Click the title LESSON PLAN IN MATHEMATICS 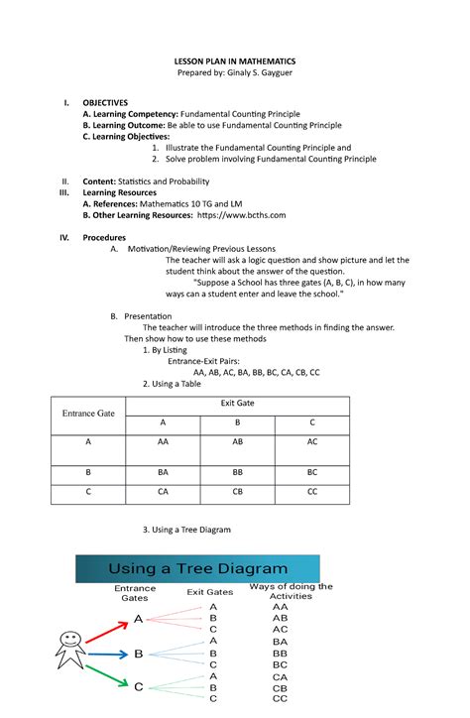(235, 61)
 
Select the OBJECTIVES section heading (105, 102)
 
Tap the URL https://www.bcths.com (242, 214)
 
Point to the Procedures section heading (104, 238)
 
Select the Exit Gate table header (237, 404)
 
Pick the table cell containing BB (237, 473)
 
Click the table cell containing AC (312, 441)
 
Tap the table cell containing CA (163, 490)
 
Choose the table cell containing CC (312, 490)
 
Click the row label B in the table (88, 473)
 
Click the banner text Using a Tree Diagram (198, 569)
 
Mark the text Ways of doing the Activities (291, 591)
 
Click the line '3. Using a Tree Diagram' (186, 530)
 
